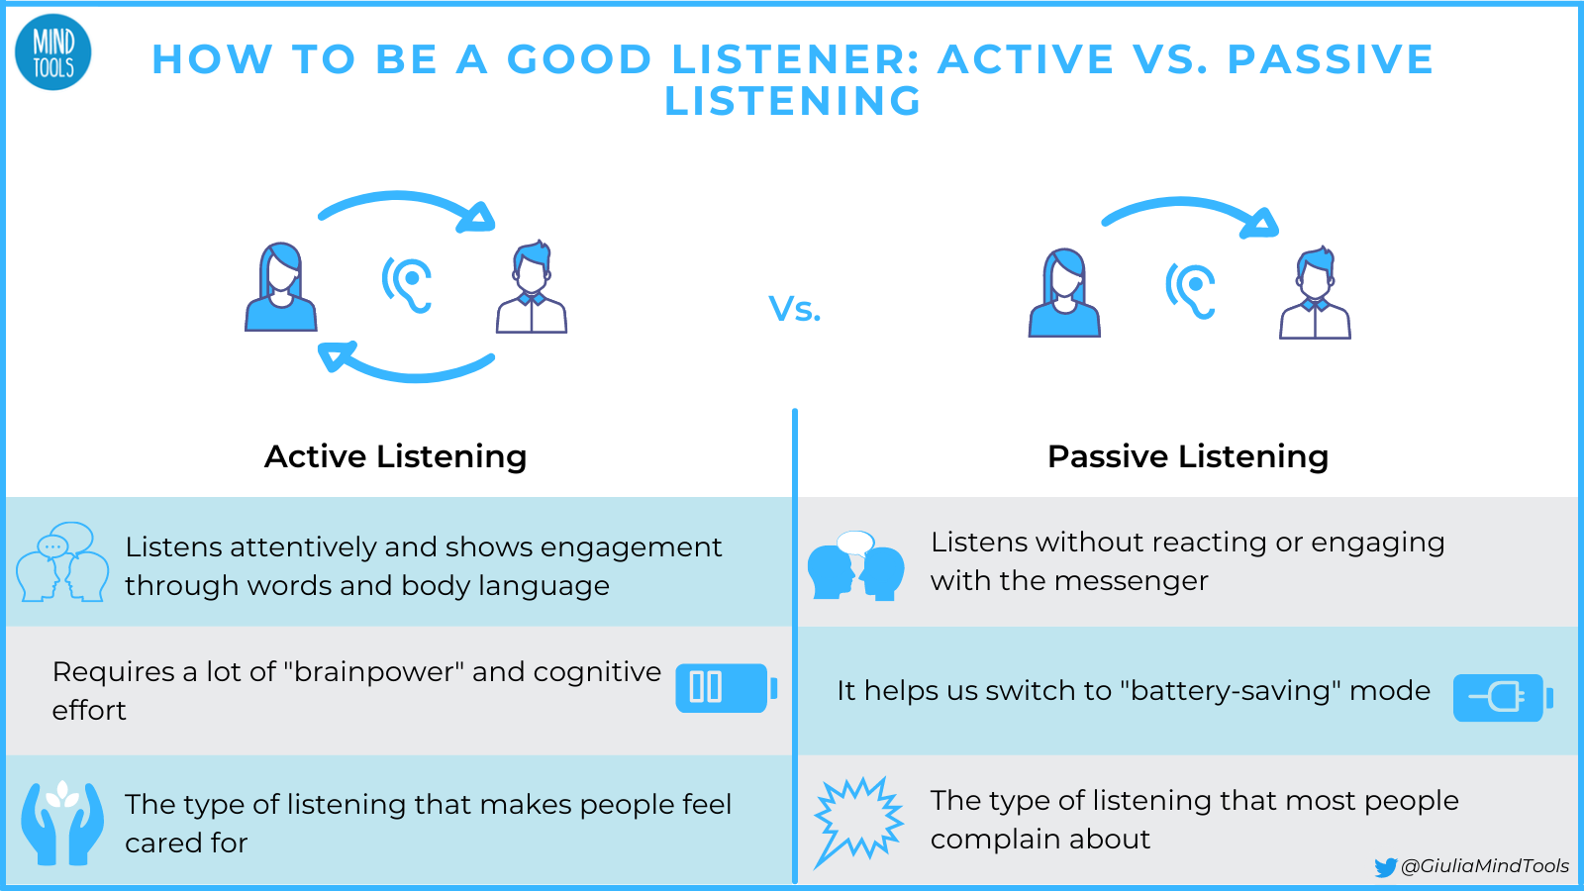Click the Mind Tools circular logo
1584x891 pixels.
click(53, 53)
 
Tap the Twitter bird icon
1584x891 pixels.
click(1386, 867)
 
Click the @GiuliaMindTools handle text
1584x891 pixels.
click(1485, 866)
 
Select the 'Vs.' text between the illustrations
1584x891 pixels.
click(795, 309)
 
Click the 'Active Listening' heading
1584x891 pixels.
click(395, 456)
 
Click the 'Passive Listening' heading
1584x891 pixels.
click(1187, 456)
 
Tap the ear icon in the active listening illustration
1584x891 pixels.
click(408, 284)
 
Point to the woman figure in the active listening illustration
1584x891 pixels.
click(281, 288)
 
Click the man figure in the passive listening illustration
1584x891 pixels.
click(1315, 294)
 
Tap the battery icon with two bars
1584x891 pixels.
click(726, 688)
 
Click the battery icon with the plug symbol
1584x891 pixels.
click(1502, 698)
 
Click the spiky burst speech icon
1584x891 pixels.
click(858, 820)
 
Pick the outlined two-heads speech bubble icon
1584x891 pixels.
click(62, 562)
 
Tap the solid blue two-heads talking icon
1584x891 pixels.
click(856, 566)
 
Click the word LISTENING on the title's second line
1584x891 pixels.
click(793, 101)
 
